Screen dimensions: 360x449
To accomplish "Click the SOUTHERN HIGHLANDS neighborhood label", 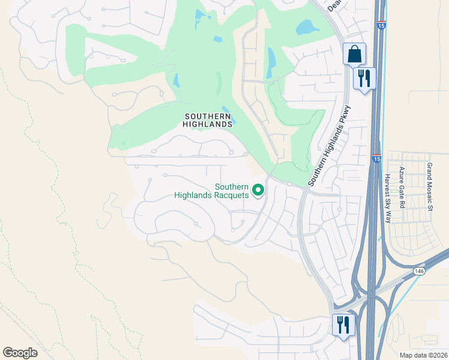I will [x=208, y=120].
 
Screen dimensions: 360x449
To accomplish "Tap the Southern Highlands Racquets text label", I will [x=211, y=191].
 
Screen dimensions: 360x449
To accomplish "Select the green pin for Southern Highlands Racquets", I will [x=258, y=190].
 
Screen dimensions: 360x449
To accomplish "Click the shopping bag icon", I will [x=354, y=54].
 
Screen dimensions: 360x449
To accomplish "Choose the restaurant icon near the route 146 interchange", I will [x=343, y=325].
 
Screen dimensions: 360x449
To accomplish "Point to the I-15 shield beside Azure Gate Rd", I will [x=376, y=158].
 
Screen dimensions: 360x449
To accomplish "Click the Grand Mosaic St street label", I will [x=430, y=186].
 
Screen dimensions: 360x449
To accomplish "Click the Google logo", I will [x=20, y=353].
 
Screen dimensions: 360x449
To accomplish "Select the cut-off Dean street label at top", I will [x=336, y=5].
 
